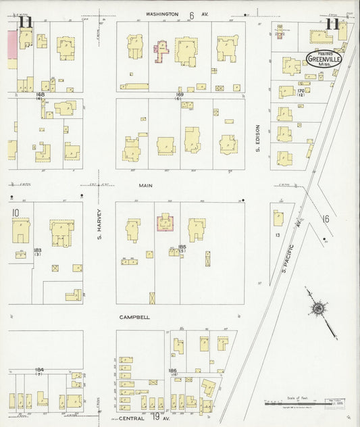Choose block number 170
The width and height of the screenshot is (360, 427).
point(301,91)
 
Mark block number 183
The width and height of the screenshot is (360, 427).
point(38,251)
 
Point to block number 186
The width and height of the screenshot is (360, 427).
point(173,372)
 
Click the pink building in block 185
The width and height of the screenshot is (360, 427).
point(164,224)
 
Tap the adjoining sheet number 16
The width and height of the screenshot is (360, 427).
point(325,219)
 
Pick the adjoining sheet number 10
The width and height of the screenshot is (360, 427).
point(15,213)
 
